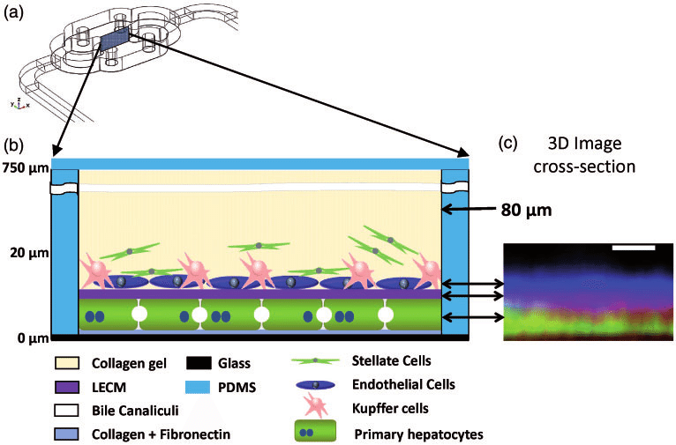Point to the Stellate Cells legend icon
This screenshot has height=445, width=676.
pos(317,360)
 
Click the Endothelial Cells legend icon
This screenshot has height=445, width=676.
pos(317,385)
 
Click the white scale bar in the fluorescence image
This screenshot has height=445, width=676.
pos(634,249)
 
